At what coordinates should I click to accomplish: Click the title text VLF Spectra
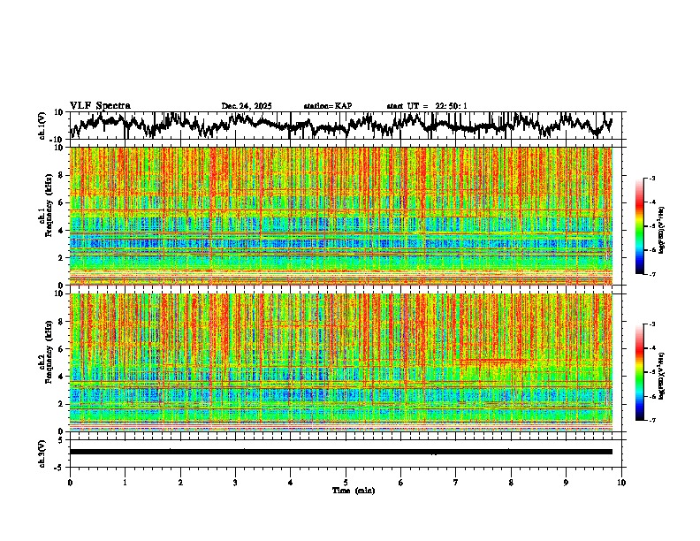click(100, 105)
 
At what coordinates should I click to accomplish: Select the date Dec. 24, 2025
click(247, 106)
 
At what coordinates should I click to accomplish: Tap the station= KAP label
click(327, 106)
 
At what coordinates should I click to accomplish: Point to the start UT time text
click(427, 106)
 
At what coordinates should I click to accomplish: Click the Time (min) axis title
click(353, 490)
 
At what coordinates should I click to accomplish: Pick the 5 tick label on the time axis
click(346, 482)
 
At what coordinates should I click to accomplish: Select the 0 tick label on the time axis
click(70, 482)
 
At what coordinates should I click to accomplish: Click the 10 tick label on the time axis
click(621, 482)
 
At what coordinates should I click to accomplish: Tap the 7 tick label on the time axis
click(456, 482)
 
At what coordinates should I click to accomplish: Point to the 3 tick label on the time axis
click(235, 482)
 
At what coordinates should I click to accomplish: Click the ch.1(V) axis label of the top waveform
click(42, 126)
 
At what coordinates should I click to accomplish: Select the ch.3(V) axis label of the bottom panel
click(42, 452)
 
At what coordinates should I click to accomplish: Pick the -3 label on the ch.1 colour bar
click(651, 179)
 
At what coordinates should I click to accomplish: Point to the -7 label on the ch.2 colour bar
click(651, 421)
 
